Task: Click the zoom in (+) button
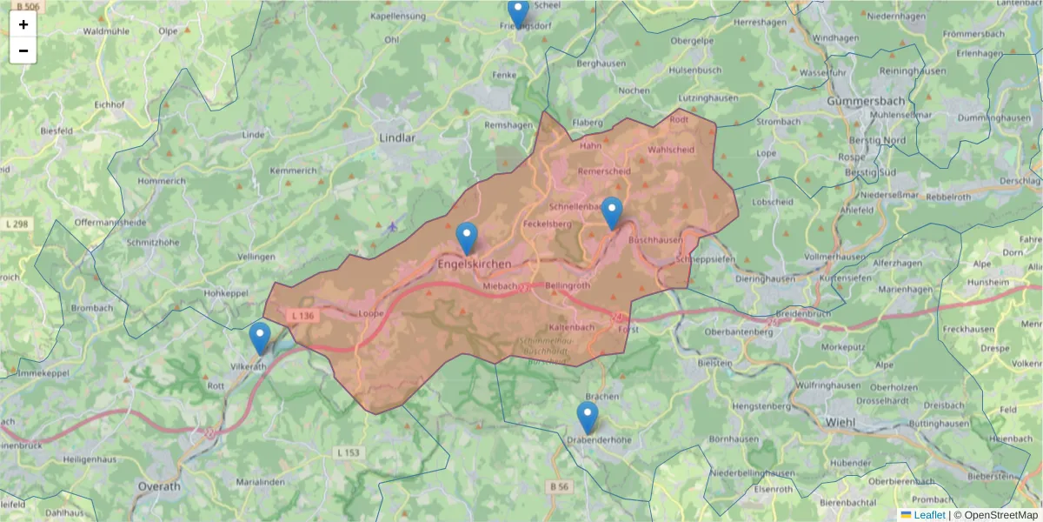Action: coord(23,24)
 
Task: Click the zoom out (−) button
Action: coord(23,50)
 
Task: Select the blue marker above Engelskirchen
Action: coord(467,238)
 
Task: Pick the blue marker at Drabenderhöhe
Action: coord(588,418)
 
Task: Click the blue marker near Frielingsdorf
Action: coord(518,13)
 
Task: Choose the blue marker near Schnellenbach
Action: coord(612,213)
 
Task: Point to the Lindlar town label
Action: coord(397,137)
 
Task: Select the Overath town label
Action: coord(160,486)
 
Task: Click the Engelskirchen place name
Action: coord(475,264)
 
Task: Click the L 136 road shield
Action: coord(302,315)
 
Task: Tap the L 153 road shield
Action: coord(348,452)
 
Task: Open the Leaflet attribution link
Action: coord(928,514)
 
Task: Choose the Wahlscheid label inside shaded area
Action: coord(671,150)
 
